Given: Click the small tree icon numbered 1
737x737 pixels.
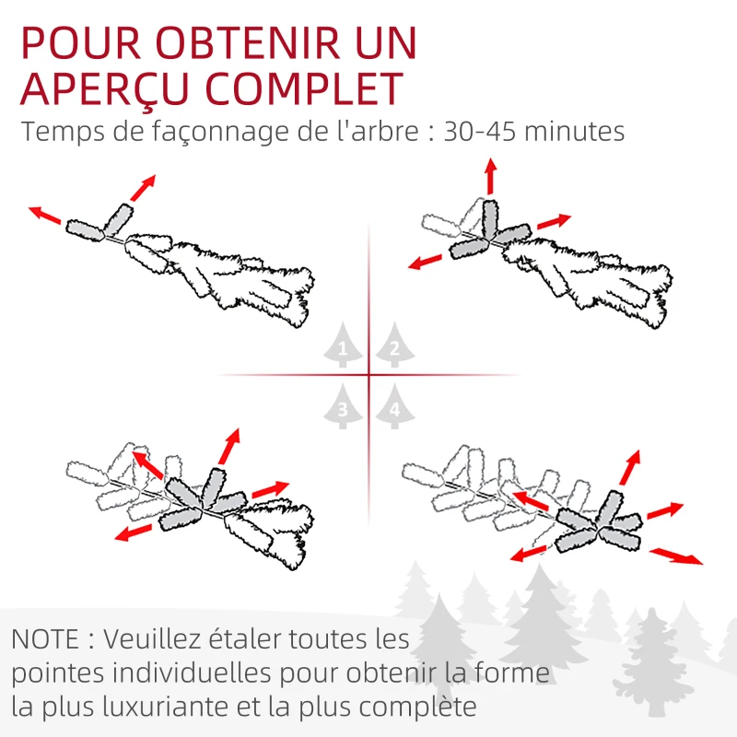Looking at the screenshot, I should [x=343, y=348].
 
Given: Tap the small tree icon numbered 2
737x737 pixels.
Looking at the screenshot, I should [x=394, y=348].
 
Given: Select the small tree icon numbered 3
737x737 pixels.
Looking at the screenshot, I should [x=343, y=409].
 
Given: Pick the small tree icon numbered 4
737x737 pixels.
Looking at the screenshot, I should [x=394, y=411].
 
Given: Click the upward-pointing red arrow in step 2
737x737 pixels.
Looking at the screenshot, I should [x=491, y=175].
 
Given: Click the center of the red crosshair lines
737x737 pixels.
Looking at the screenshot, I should [x=368, y=375].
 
